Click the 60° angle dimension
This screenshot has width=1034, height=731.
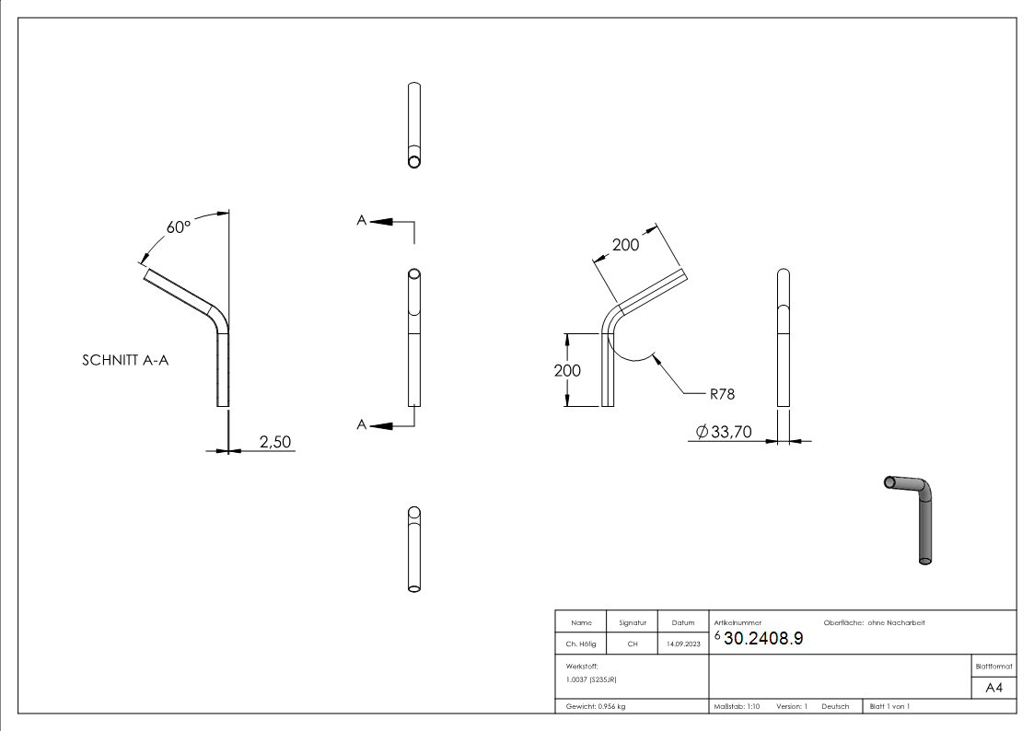point(178,226)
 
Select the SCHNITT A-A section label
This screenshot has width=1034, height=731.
point(125,361)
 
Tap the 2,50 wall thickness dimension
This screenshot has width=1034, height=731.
point(274,442)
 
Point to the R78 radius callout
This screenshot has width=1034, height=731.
point(721,393)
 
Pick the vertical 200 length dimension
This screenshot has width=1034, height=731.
point(567,370)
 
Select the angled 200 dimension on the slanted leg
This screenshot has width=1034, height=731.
point(625,245)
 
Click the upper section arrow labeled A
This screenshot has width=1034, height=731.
point(377,221)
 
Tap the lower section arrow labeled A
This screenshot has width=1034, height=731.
point(377,424)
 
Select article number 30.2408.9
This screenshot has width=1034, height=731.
point(763,640)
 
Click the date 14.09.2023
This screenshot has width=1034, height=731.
point(682,644)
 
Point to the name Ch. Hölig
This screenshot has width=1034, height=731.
point(580,644)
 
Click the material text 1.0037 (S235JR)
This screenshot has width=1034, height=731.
point(591,679)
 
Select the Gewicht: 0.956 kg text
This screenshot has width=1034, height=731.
point(596,706)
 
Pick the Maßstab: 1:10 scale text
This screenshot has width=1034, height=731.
point(737,706)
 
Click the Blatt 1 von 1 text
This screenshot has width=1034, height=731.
point(889,706)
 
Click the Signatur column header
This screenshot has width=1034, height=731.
point(632,623)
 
